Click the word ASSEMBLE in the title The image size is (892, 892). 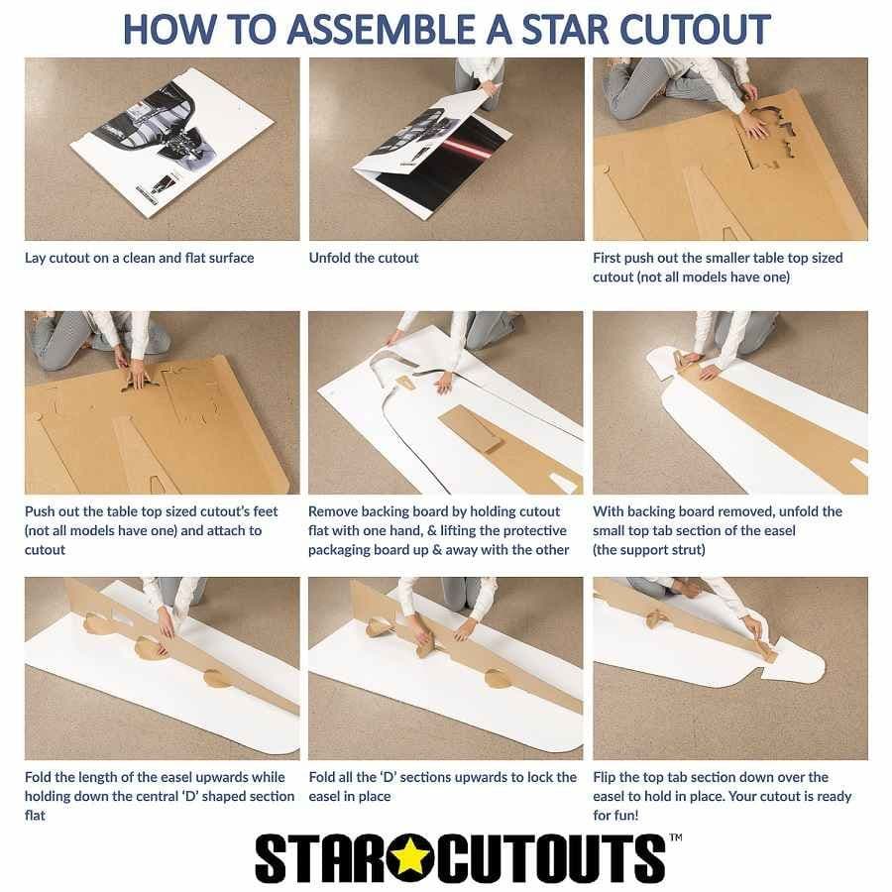pyautogui.click(x=384, y=30)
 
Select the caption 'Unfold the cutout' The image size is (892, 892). pyautogui.click(x=364, y=258)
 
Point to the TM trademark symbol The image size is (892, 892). pyautogui.click(x=676, y=837)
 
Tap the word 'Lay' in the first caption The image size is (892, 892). pyautogui.click(x=35, y=259)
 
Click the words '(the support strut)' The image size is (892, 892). pyautogui.click(x=649, y=550)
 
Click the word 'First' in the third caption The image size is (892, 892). pyautogui.click(x=607, y=258)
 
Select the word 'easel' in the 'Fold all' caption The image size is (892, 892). pyautogui.click(x=326, y=797)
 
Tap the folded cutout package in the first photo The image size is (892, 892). pyautogui.click(x=171, y=143)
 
